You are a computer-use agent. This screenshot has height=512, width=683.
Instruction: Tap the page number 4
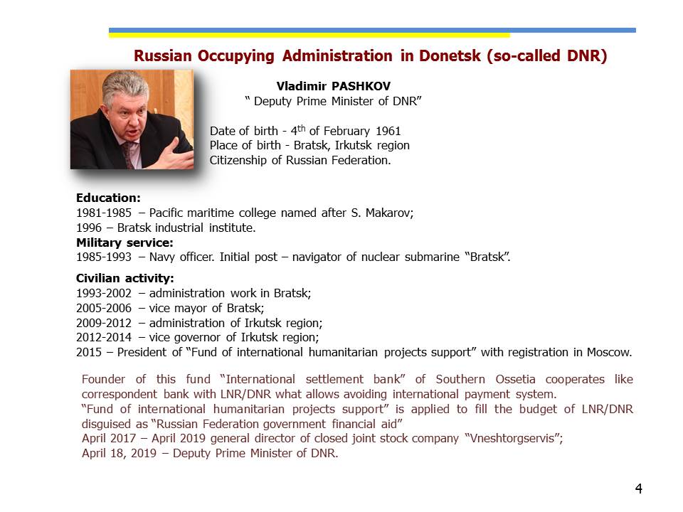click(638, 489)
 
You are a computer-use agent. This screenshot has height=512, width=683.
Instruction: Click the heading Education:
click(108, 198)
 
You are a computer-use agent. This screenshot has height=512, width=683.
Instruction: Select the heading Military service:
click(125, 242)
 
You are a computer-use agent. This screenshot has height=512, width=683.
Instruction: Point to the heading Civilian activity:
click(125, 278)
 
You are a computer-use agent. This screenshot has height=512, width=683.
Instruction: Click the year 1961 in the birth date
click(388, 131)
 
